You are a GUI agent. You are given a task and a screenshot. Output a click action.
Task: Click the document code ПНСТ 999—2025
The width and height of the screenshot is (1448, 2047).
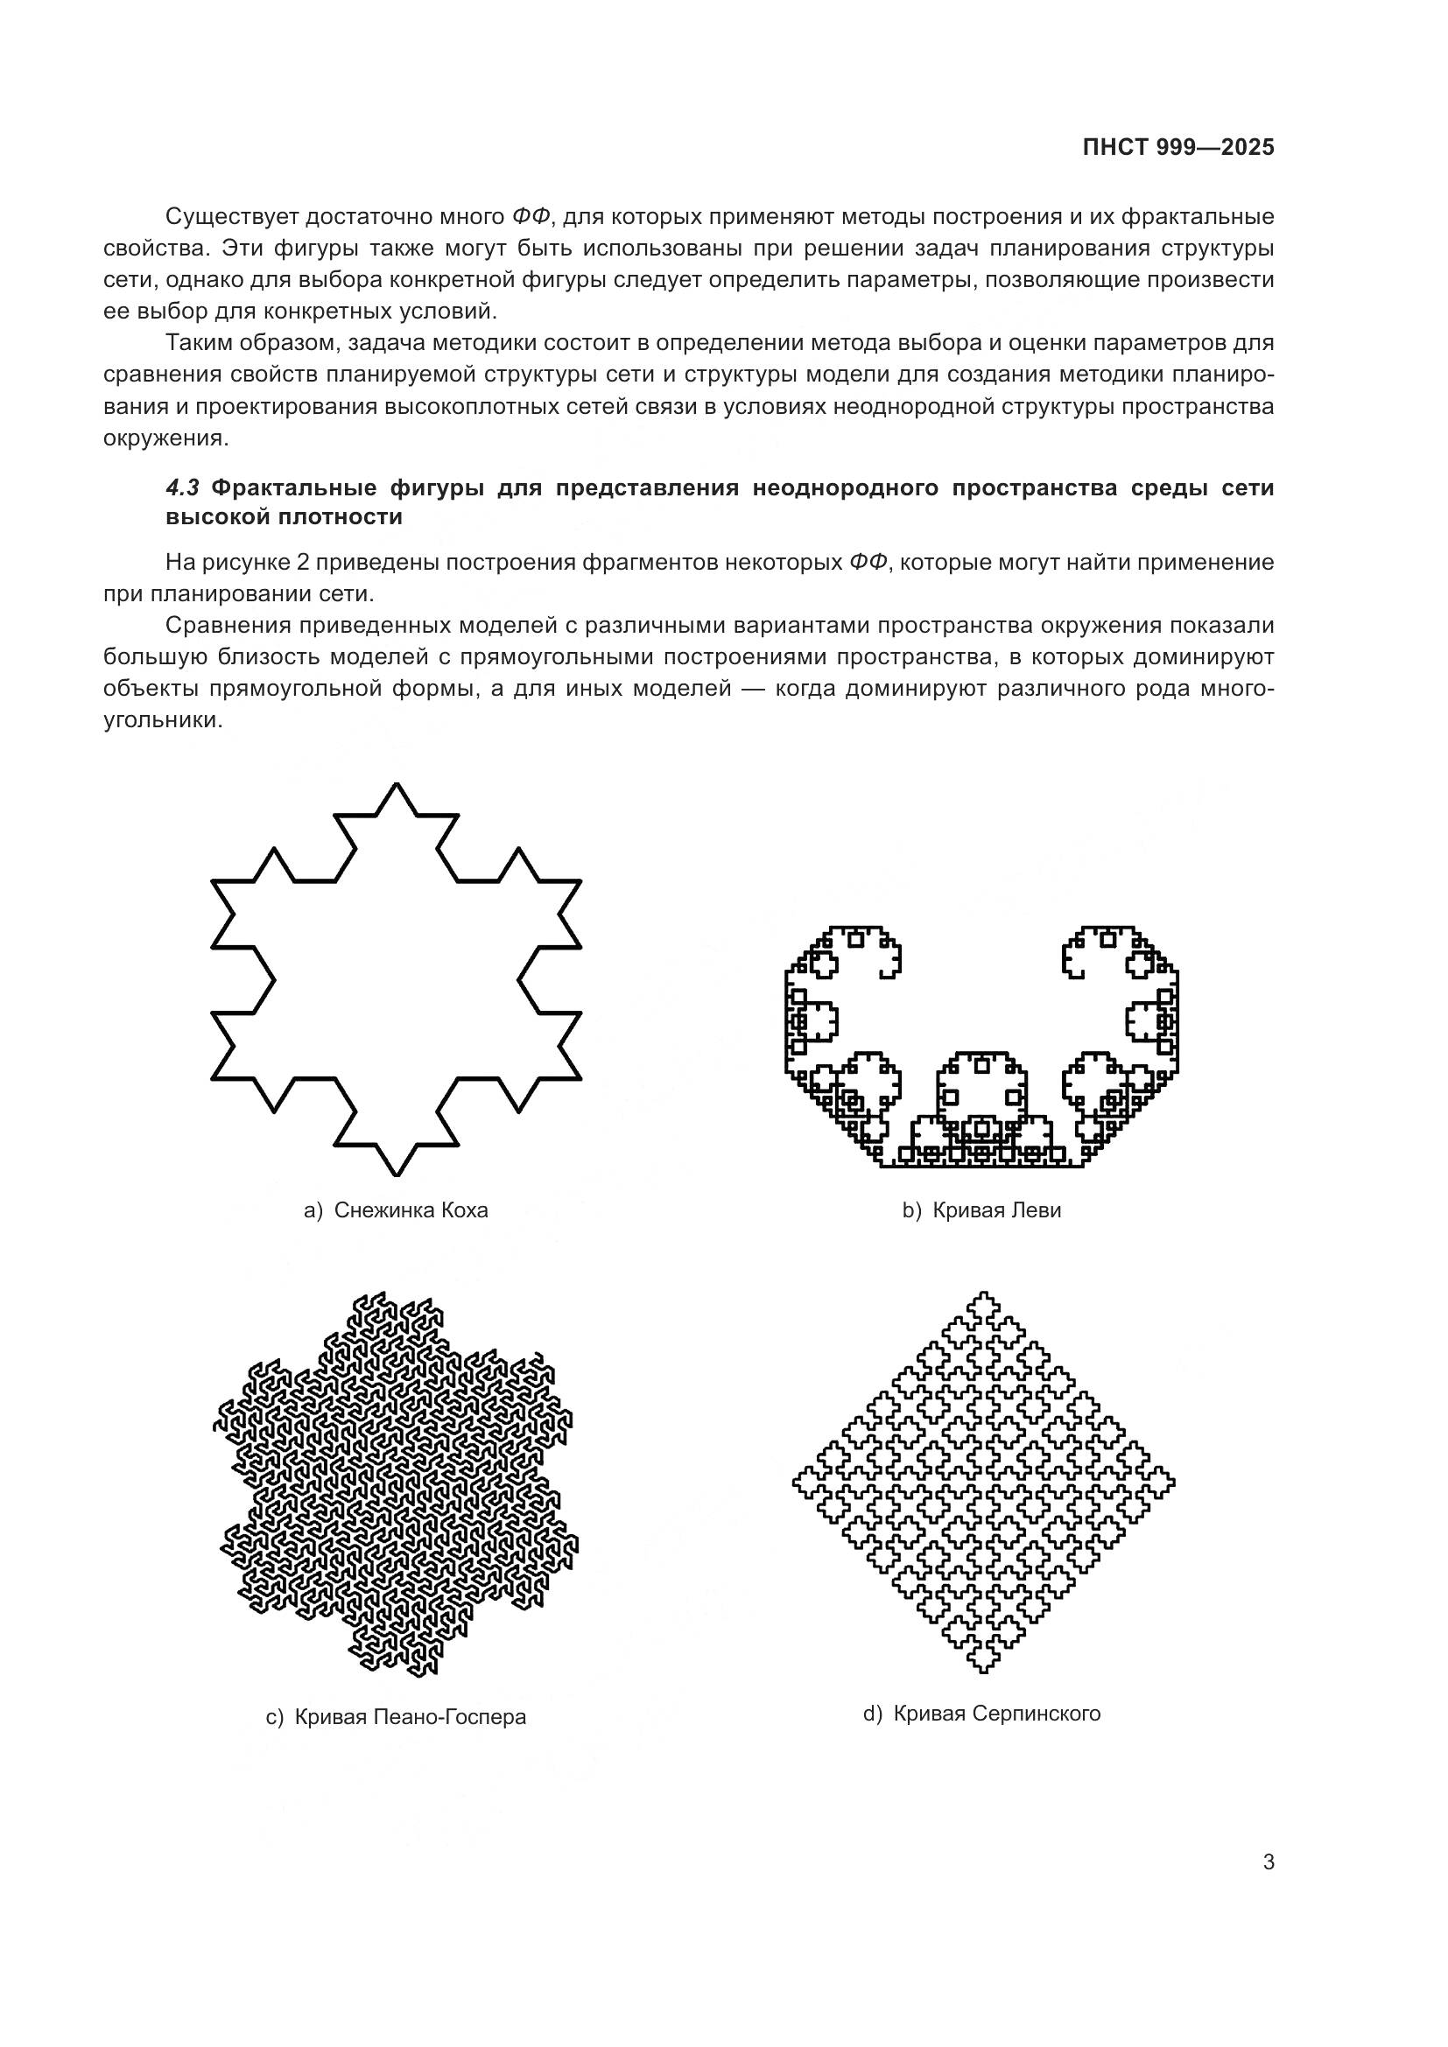coord(1177,148)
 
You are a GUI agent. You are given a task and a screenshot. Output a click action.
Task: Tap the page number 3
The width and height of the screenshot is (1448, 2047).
coord(1268,1862)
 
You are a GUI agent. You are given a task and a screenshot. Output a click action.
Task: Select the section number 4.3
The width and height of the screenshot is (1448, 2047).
coord(183,487)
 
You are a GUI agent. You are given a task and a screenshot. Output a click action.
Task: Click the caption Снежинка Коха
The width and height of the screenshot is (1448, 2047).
coord(411,1209)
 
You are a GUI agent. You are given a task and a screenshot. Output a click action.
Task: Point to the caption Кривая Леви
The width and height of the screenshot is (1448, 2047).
coord(996,1209)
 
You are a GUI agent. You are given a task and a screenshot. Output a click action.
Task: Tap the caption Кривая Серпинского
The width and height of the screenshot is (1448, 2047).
coord(996,1713)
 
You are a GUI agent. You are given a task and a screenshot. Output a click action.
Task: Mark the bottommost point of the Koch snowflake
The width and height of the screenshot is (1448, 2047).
coord(397,1174)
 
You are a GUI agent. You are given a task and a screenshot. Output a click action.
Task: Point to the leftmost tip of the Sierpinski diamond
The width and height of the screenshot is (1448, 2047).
coord(794,1483)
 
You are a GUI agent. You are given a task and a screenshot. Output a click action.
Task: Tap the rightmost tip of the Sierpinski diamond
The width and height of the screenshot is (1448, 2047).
coord(1173,1483)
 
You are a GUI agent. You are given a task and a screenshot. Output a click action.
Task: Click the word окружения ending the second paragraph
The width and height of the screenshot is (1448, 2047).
coord(165,438)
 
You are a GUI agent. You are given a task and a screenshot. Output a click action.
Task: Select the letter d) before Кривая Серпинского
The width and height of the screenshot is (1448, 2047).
coord(872,1713)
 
